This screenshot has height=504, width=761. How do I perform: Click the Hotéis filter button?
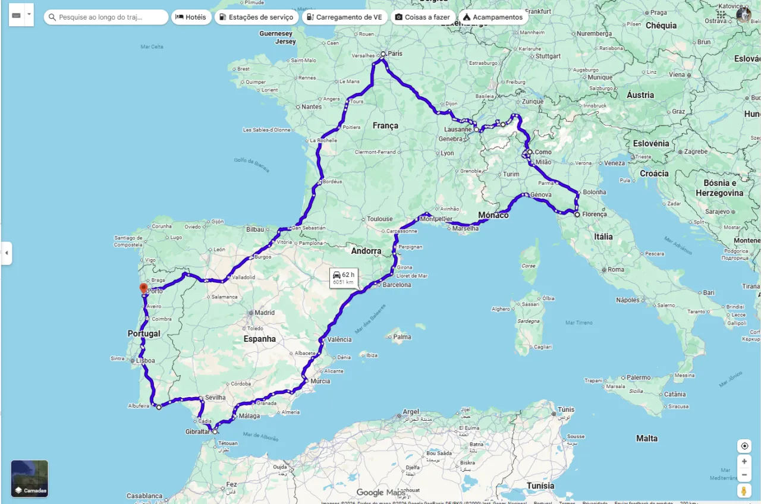point(190,17)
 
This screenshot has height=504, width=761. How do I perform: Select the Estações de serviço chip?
point(256,17)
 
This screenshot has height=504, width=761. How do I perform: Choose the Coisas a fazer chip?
point(423,17)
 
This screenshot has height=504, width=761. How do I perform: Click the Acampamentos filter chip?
point(492,17)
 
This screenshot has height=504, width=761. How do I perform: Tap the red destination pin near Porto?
point(143,289)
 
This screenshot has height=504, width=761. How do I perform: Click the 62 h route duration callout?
point(344,278)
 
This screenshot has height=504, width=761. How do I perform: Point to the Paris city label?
point(395,53)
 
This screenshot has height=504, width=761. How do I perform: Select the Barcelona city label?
point(397,285)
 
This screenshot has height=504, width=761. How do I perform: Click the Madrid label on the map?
point(265,313)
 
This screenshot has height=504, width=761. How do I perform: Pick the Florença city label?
point(595,214)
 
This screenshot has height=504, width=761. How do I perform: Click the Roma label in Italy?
point(616,269)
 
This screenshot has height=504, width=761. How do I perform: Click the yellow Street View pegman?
point(744,491)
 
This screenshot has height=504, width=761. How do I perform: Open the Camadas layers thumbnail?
point(30,478)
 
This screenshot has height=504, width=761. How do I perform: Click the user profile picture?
point(743,14)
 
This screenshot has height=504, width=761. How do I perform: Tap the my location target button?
point(744,446)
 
